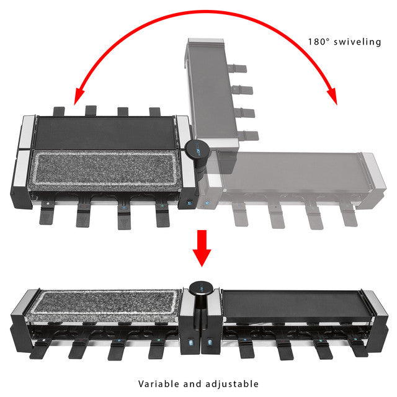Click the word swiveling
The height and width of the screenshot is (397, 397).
357,42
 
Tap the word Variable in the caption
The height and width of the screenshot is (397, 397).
159,383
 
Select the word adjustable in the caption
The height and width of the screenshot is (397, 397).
232,384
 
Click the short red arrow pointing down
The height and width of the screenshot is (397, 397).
202,248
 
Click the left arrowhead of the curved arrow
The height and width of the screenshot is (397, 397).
79,96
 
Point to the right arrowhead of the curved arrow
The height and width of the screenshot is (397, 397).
332,96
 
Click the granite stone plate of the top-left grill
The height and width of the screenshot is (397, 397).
105,168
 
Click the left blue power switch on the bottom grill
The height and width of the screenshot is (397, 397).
190,343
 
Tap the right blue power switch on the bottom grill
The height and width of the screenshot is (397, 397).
210,343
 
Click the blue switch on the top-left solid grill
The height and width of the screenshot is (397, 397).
189,203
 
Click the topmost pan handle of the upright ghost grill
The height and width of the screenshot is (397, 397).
237,68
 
